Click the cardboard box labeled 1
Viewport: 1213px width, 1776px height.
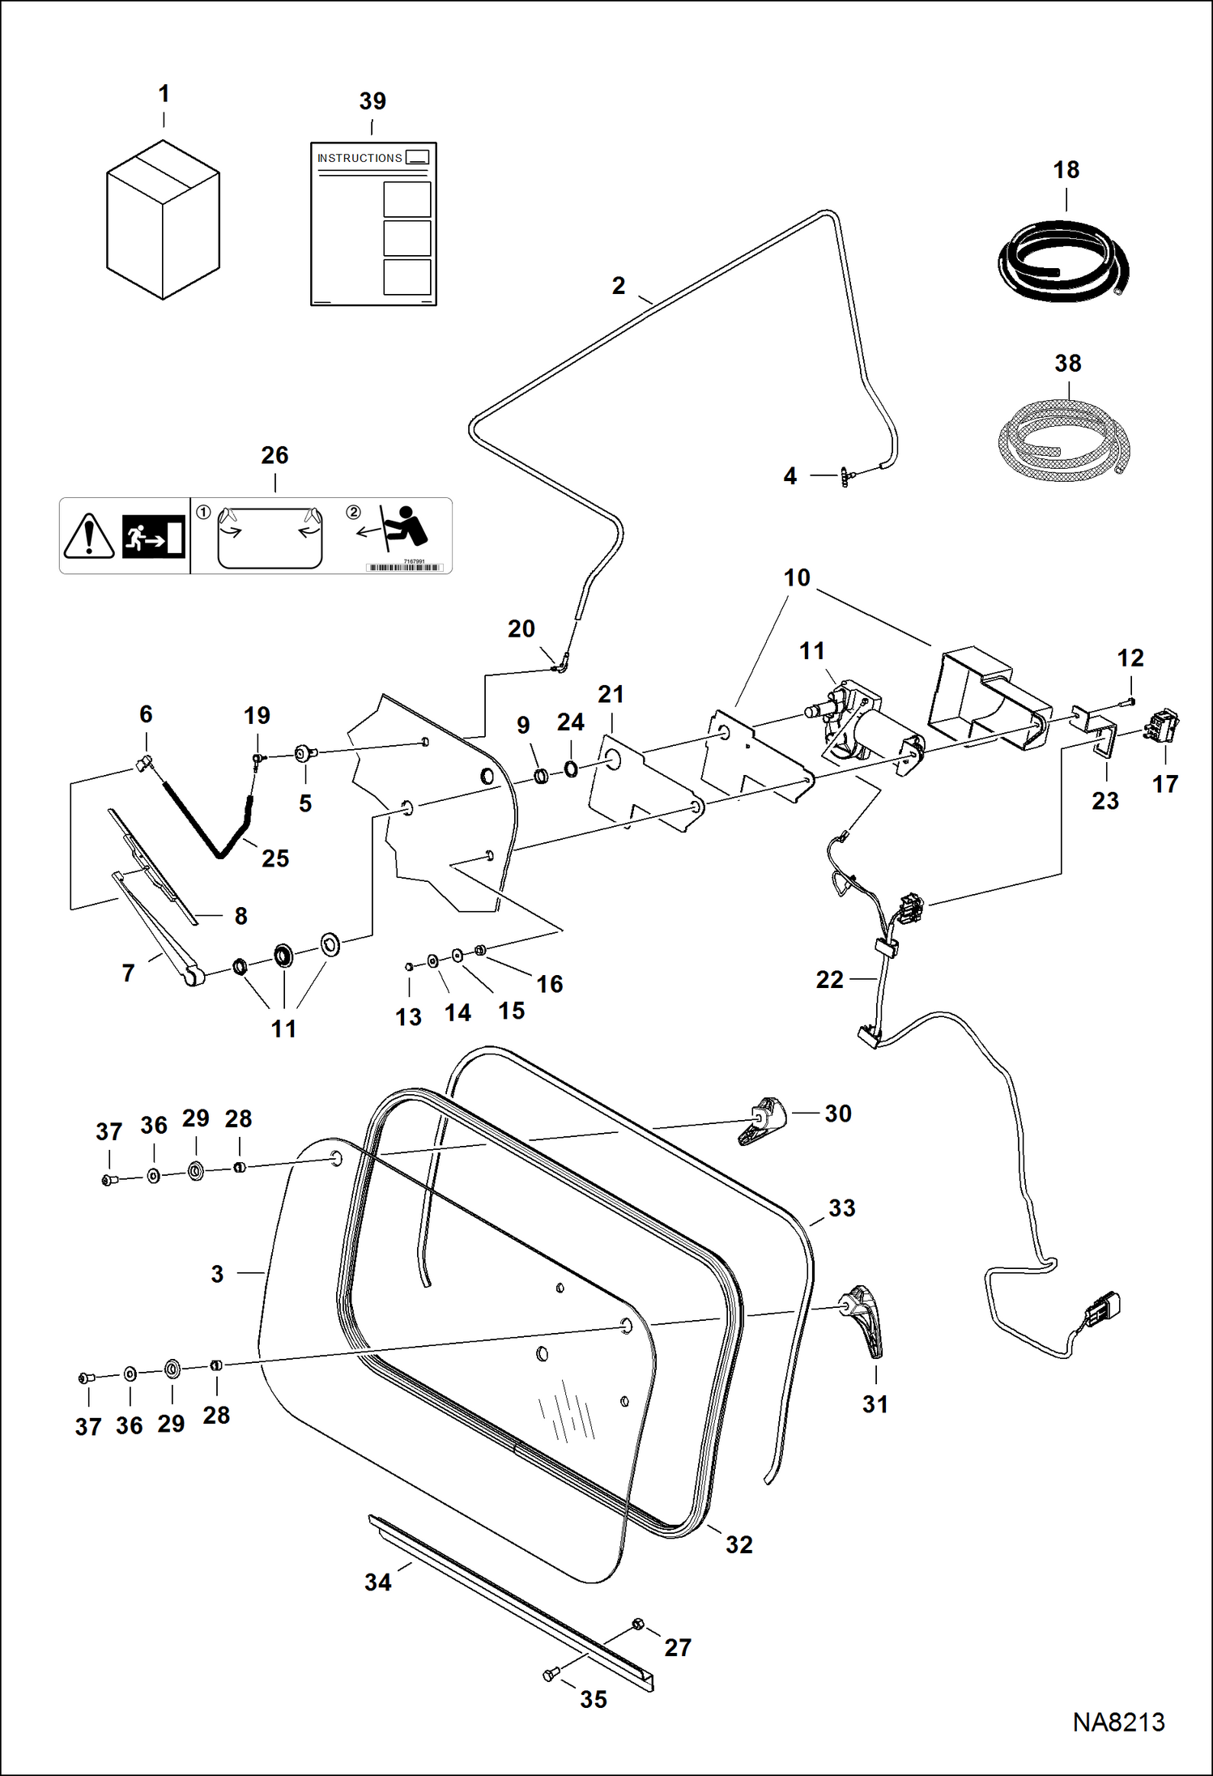(x=163, y=219)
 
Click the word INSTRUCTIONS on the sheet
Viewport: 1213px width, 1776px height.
(x=360, y=158)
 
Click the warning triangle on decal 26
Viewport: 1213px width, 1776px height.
(x=89, y=536)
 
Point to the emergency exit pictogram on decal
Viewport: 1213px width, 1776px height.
(x=154, y=536)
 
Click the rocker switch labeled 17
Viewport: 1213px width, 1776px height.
(x=1163, y=726)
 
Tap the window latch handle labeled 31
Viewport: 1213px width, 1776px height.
(x=865, y=1318)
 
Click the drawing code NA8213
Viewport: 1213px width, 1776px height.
(x=1118, y=1722)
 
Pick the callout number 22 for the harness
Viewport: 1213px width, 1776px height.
(x=829, y=980)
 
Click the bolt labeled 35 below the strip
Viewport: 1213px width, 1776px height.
(x=551, y=1674)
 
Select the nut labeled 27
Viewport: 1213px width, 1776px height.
(x=637, y=1624)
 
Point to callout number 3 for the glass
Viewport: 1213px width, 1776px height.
(x=217, y=1274)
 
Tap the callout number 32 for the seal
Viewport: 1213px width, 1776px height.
(x=738, y=1544)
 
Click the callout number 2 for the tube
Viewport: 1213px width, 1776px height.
(x=619, y=286)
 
